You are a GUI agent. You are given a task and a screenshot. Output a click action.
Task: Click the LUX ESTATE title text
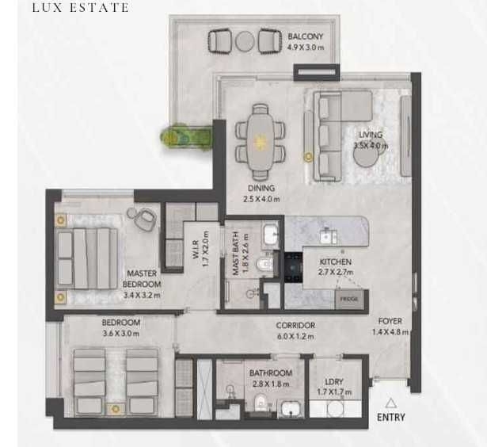point(81,7)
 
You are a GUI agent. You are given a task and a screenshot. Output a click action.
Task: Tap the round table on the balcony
point(245,41)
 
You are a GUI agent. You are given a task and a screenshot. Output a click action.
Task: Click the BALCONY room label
point(306,36)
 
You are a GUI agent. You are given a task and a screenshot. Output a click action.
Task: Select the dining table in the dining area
point(261,142)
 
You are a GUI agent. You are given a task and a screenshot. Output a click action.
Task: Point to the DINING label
point(261,188)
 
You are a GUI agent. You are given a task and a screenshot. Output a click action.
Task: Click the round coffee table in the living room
point(367,155)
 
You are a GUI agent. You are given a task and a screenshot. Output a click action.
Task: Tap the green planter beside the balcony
point(186,137)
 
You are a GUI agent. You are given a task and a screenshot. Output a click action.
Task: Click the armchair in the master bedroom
point(146,219)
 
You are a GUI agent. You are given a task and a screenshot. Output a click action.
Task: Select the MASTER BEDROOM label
point(142,279)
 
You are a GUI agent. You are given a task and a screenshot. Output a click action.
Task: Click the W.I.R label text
point(196,250)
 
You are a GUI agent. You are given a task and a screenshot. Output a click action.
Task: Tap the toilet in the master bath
point(264,264)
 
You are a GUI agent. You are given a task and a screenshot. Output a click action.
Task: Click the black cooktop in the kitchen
point(294,267)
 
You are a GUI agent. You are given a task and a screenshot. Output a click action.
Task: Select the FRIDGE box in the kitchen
point(349,299)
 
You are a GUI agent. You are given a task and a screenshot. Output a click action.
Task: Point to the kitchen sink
point(328,236)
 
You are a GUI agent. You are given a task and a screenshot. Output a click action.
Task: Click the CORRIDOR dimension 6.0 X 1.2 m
point(295,336)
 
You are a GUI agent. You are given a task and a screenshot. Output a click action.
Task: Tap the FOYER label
point(390,321)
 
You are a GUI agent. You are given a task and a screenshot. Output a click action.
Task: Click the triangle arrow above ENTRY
point(390,403)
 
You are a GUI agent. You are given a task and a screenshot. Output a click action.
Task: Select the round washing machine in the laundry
point(336,409)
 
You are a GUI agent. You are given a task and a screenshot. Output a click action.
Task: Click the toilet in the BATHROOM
point(261,403)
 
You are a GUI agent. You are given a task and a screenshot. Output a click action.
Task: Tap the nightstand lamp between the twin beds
point(116,409)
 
